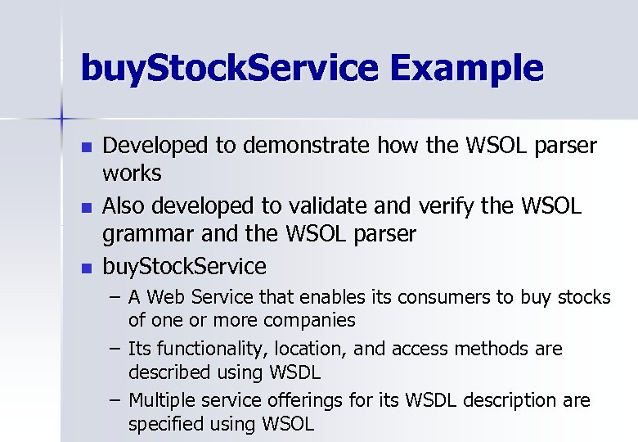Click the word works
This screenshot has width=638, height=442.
132,174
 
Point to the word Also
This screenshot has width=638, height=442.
125,206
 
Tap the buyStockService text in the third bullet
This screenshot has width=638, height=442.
184,266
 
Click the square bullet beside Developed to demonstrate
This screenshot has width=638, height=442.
87,148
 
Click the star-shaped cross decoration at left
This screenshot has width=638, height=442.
62,120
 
